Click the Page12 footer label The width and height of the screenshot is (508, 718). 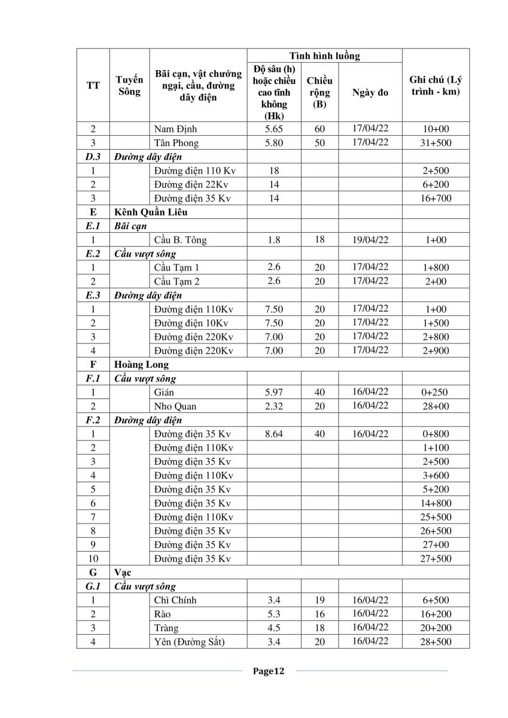pos(267,671)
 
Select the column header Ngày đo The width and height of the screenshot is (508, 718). pos(370,92)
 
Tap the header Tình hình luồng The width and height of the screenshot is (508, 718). pos(324,56)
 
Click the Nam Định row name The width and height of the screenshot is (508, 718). pos(175,129)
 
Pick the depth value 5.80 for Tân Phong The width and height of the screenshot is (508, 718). pos(273,143)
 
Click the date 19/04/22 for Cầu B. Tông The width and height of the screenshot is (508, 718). pos(370,239)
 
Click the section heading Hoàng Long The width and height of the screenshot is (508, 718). pos(141,364)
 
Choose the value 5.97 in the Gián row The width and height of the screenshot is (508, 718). pos(273,393)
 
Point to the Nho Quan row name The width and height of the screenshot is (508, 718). pos(175,406)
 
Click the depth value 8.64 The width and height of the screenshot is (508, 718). pos(273,434)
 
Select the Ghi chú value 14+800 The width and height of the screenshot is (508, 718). pos(435,503)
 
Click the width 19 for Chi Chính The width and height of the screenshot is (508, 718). pos(320,600)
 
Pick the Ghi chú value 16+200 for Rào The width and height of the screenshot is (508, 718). pos(435,614)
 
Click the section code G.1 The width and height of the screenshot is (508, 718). pos(93,586)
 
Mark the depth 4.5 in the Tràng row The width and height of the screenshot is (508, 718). pos(273,628)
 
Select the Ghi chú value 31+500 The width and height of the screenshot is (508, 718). pos(435,143)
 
